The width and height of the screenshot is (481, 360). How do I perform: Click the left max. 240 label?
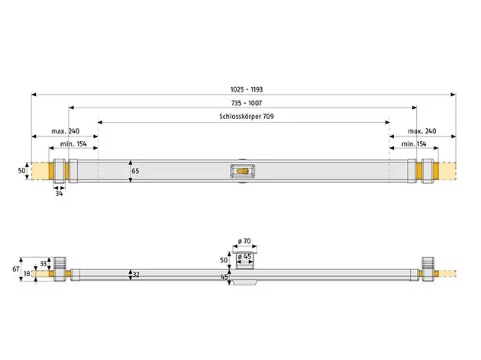click(65, 131)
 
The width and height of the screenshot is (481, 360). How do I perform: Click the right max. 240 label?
click(421, 131)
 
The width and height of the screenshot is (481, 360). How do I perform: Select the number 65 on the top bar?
click(136, 172)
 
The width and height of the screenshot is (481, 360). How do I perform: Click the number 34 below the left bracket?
click(59, 194)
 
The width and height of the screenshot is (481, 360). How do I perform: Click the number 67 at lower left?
click(15, 268)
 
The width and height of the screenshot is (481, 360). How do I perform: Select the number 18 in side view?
click(27, 273)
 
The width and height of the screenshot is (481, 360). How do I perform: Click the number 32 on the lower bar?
click(137, 273)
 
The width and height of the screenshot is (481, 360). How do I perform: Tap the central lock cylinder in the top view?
click(242, 172)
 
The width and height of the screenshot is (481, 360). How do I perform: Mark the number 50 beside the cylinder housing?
click(225, 260)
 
